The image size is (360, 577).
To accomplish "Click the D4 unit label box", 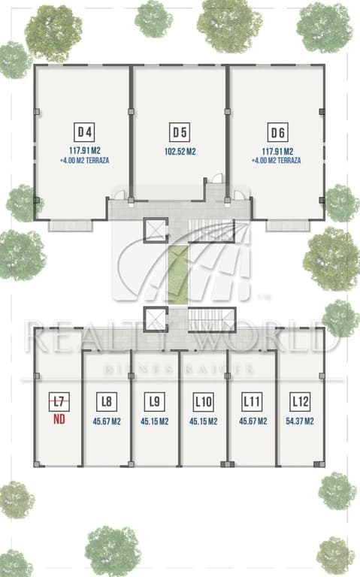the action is [85, 132].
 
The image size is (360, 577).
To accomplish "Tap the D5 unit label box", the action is [180, 132].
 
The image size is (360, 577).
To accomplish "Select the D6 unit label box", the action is [277, 132].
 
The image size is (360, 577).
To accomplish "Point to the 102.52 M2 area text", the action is [180, 152].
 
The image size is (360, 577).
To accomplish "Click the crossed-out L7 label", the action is [59, 401].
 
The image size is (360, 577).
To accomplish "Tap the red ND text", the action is [59, 419].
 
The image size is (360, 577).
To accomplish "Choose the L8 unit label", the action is [107, 401].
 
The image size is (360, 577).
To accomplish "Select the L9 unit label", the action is [155, 401].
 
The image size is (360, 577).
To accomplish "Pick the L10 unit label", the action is [203, 401].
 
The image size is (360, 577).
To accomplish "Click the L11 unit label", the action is [252, 401].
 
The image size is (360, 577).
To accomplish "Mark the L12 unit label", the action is [300, 401].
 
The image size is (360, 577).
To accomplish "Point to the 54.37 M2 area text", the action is [300, 421].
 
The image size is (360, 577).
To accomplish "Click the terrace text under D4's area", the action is [84, 161].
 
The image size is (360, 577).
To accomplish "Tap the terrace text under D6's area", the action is [276, 161].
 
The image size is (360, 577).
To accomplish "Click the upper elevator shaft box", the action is [156, 231].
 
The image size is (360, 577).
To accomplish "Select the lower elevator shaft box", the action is [156, 319].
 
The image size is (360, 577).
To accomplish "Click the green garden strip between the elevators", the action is [178, 274].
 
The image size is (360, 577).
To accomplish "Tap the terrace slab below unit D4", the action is [70, 225].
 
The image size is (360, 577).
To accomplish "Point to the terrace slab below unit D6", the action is [288, 225].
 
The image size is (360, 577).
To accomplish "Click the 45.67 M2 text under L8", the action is [107, 421].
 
